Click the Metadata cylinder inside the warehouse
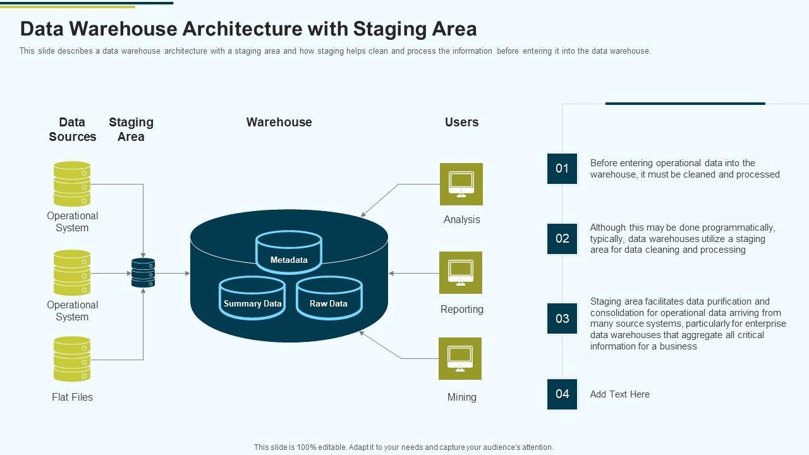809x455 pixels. coord(289,252)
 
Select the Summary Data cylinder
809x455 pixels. coord(252,298)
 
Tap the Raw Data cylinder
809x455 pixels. coord(329,298)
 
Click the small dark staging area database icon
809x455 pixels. coord(143,272)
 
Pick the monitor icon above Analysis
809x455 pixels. coord(461,184)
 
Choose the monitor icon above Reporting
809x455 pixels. coord(461,272)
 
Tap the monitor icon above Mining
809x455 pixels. coord(460,358)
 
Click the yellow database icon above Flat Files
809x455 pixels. coord(72,359)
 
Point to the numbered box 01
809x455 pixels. coord(562,169)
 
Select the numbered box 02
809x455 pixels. coord(562,239)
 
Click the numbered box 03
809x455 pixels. coord(562,318)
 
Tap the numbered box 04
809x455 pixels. coord(562,394)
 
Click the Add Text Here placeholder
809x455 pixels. coord(620,394)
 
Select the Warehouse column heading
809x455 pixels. coord(279,122)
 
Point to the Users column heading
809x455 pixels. coord(461,122)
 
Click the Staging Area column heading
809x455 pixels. coord(131,130)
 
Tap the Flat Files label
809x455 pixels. coord(72,397)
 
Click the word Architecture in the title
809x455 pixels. coord(242,29)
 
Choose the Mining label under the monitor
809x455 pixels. coord(462,397)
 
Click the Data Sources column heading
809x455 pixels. coord(72,130)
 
